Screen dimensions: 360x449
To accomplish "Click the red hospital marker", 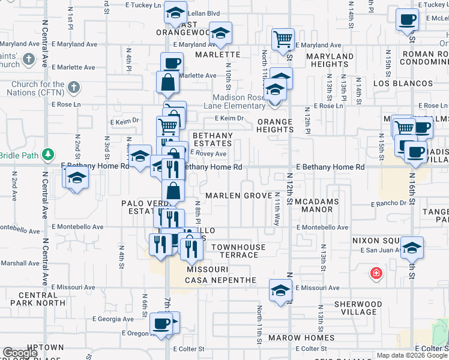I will click(x=376, y=274).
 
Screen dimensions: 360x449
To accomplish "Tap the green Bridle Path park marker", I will click(x=52, y=155).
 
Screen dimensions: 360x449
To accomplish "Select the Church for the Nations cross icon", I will click(x=73, y=88).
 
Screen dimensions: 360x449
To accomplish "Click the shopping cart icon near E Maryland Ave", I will click(x=283, y=40).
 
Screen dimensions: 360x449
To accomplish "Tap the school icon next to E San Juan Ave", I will click(x=412, y=247).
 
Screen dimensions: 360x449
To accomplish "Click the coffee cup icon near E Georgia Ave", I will click(x=161, y=323).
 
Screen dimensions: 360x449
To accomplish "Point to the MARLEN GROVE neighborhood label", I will click(x=240, y=196).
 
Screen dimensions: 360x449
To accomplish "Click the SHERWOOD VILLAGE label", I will click(x=358, y=308).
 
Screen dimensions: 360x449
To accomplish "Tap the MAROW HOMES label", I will click(x=302, y=338).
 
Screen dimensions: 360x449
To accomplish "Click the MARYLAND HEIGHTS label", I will click(x=330, y=61).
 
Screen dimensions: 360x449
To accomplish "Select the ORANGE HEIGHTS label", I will click(x=275, y=125).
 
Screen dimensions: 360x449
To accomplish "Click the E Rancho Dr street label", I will click(x=389, y=204).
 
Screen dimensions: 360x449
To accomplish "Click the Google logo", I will click(x=20, y=353).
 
